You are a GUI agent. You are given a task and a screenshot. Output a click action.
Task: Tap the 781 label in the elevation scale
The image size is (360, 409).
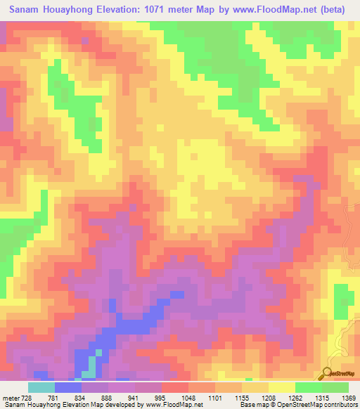[52, 397]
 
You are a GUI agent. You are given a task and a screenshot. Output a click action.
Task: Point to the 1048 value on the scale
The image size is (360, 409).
[188, 397]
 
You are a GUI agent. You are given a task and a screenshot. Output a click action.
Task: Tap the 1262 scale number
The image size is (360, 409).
[295, 397]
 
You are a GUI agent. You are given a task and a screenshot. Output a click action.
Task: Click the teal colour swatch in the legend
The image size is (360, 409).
[41, 387]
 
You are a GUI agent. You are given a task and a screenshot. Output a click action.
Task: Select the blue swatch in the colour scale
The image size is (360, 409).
[67, 387]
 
